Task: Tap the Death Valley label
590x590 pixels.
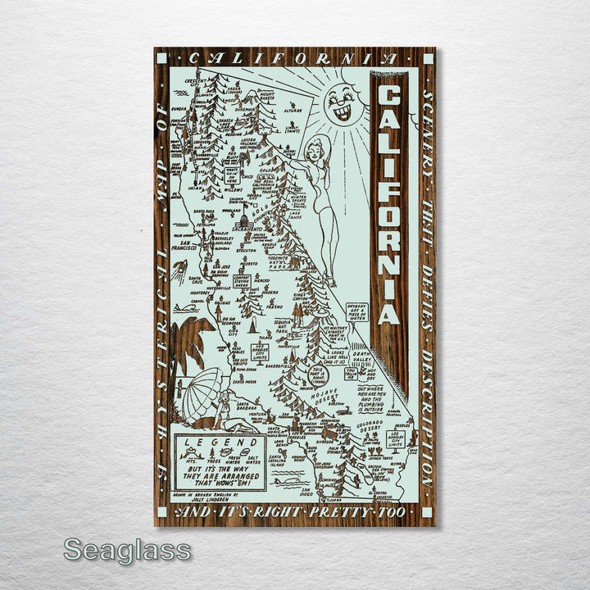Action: (361, 361)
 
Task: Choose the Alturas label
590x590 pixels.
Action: (293, 109)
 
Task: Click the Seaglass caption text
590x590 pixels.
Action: (127, 551)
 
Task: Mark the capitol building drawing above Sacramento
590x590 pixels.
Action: (243, 219)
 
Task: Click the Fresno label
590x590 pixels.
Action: (275, 306)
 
